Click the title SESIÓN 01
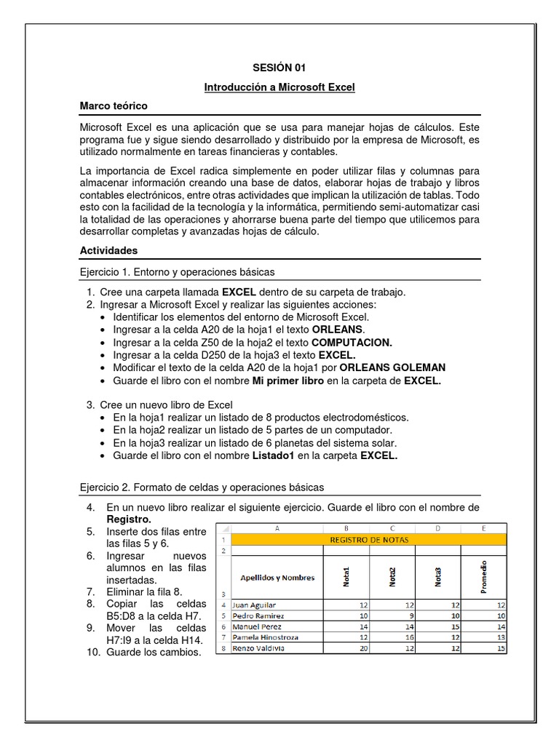(x=279, y=68)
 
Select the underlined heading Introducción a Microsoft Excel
(x=279, y=87)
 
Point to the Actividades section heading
(x=108, y=250)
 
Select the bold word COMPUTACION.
(x=352, y=342)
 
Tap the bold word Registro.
(x=129, y=519)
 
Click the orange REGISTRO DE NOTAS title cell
(x=369, y=540)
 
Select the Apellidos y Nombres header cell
(x=277, y=578)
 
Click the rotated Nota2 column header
(x=392, y=577)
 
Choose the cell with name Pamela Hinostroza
(x=264, y=637)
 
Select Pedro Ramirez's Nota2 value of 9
(x=393, y=615)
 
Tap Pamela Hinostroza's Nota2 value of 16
(x=392, y=637)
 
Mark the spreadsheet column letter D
(x=437, y=529)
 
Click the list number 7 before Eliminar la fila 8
(x=90, y=591)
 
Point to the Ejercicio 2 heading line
(x=201, y=487)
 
